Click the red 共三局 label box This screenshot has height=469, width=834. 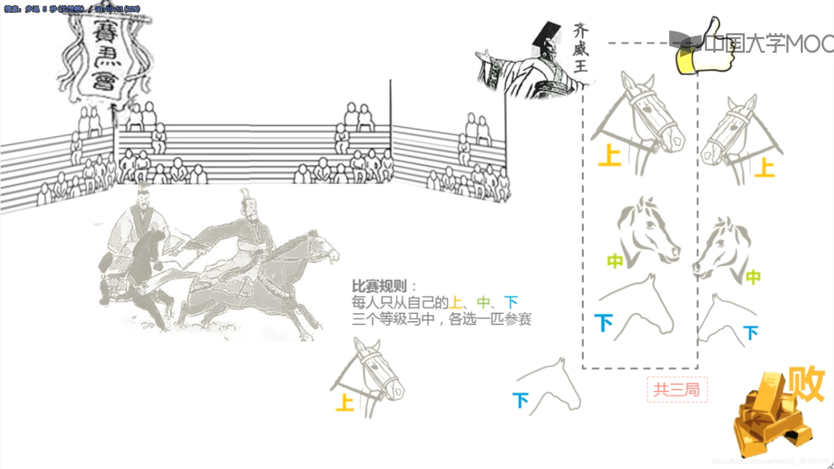point(677,390)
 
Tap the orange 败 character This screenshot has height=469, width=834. point(806,383)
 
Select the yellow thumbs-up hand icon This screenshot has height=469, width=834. point(706,50)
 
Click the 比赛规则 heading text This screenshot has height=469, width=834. point(379,286)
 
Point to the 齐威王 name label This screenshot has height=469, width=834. point(580,48)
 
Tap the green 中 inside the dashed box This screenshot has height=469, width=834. point(615,261)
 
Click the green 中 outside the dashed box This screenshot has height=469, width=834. point(753,277)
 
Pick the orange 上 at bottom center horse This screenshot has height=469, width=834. point(345,403)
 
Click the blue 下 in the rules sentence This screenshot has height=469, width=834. point(511,302)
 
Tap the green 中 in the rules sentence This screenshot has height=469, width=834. point(483,302)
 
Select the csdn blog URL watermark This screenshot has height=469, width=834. point(771,461)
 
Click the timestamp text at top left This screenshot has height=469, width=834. point(72,9)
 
